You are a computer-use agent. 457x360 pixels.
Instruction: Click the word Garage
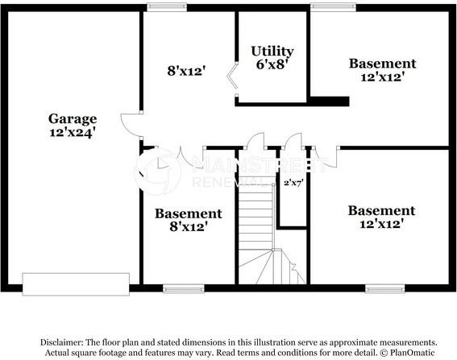(73, 118)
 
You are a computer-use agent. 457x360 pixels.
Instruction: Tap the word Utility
(272, 51)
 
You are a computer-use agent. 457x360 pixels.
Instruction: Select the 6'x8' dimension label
(272, 65)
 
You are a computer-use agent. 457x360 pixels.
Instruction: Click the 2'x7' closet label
(292, 183)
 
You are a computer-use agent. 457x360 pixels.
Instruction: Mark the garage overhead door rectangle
(75, 283)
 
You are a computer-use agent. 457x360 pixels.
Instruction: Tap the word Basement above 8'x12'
(188, 213)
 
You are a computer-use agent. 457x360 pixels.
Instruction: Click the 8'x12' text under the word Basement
(188, 227)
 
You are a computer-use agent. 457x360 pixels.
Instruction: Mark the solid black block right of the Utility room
(328, 101)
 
